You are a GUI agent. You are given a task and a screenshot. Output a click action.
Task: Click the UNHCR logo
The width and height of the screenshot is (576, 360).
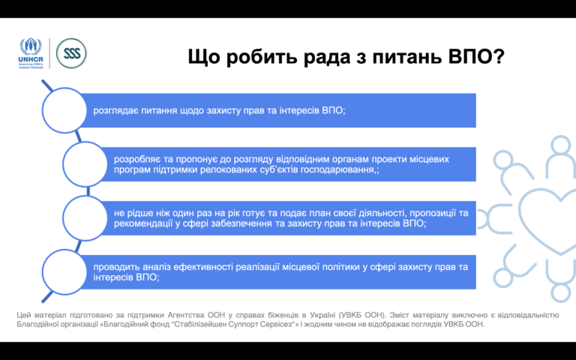point(31,53)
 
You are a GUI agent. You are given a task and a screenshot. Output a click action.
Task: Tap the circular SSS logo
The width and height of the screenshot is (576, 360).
point(72,54)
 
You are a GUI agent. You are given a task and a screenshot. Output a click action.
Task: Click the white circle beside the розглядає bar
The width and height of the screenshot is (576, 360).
point(64,110)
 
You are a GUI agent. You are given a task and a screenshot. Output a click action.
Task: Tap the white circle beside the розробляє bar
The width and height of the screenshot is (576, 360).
point(85,164)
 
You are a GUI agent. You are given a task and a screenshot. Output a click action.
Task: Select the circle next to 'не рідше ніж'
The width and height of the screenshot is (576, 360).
point(85,218)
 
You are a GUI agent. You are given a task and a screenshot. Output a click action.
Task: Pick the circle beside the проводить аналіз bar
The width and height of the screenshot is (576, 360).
point(64,271)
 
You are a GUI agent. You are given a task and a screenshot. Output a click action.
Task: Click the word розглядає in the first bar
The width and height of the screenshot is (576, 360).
point(115,111)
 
